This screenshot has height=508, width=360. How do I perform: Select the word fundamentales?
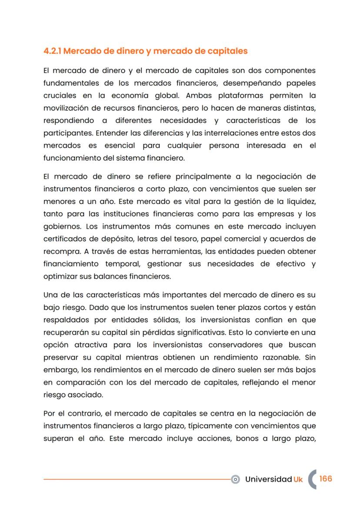69,83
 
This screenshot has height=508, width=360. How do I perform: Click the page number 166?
325,478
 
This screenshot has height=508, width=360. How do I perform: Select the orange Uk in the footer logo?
298,479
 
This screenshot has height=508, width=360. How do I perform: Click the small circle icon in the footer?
236,479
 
